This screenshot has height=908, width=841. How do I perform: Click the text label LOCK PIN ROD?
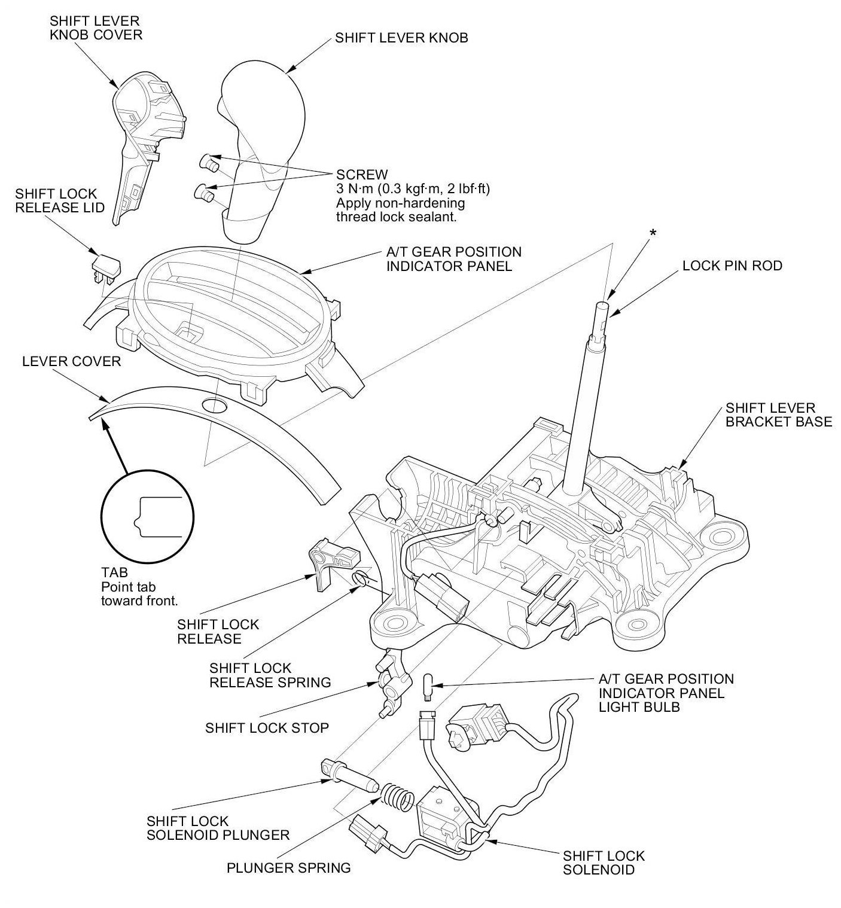732,266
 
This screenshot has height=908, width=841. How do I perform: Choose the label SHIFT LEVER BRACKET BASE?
778,415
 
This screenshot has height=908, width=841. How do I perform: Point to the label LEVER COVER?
71,361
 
